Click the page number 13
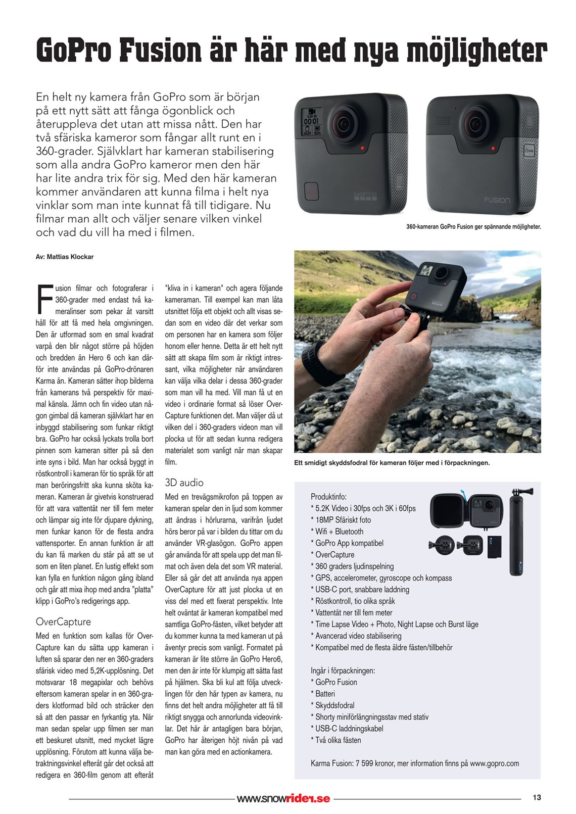point(537,797)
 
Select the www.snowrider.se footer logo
point(283,798)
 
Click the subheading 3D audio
point(184,483)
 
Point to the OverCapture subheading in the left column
point(63,621)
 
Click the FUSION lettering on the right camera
point(497,200)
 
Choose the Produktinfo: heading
point(328,497)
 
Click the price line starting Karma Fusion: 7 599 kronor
point(414,763)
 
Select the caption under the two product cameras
point(473,227)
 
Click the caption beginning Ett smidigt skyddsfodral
point(392,463)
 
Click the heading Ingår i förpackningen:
point(343,671)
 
